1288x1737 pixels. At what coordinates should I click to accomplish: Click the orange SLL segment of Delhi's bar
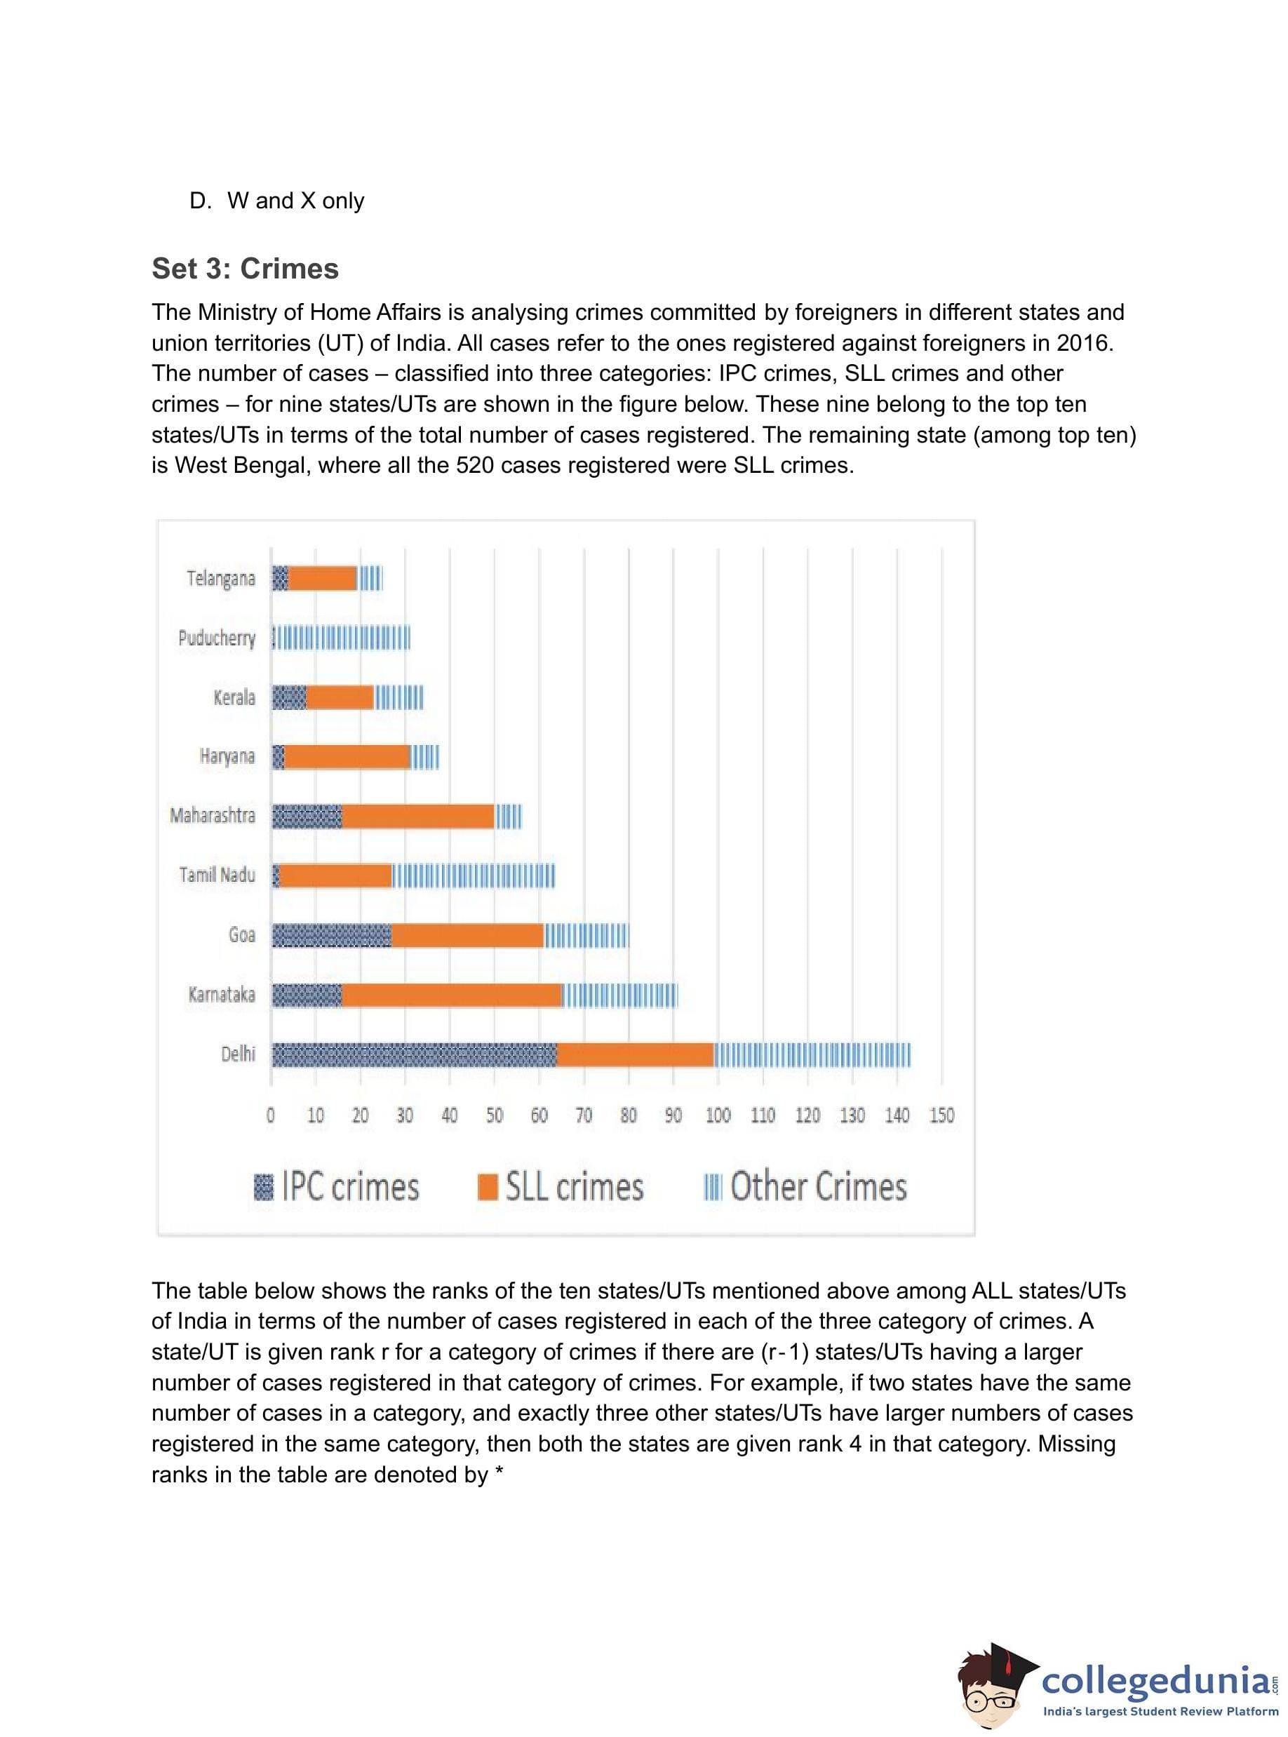click(636, 1055)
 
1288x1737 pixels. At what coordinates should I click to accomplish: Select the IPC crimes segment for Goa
click(331, 936)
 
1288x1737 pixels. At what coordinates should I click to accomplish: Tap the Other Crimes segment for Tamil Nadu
click(474, 876)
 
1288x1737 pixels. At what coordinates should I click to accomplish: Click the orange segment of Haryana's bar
click(347, 757)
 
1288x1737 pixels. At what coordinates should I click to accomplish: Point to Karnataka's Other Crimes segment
click(620, 995)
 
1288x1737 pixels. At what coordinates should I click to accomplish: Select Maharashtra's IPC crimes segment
click(307, 817)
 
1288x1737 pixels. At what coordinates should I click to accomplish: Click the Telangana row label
click(221, 579)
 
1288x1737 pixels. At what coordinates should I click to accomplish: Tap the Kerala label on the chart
click(234, 697)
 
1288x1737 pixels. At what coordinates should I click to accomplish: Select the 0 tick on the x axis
click(271, 1115)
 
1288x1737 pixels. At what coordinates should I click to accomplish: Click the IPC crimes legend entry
click(337, 1186)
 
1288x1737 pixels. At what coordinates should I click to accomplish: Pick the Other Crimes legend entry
click(805, 1186)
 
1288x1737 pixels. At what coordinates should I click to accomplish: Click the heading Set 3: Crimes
click(245, 268)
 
